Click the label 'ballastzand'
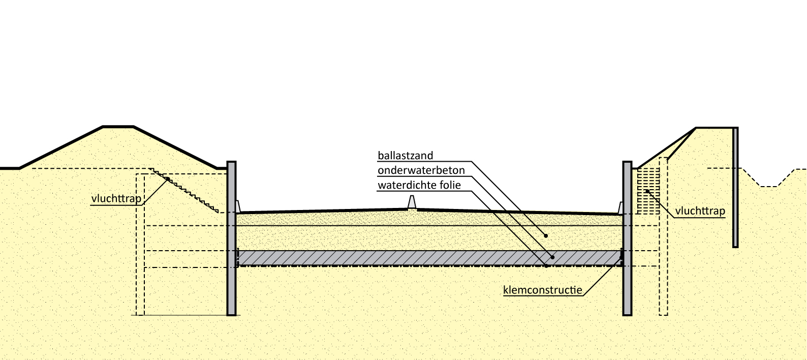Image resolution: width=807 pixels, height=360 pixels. coord(405,156)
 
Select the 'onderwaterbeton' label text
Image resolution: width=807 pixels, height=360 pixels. coord(414,170)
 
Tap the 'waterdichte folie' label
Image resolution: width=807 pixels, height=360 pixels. coord(419,185)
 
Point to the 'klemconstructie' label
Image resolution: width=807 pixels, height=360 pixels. coord(542,290)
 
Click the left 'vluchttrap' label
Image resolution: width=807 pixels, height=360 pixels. coord(116,198)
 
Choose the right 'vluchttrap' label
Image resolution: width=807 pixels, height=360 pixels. coord(700,211)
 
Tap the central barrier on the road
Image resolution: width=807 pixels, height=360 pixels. coord(412,202)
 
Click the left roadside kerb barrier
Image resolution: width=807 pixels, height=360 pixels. coord(238,206)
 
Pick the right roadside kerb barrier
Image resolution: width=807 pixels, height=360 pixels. coord(620,207)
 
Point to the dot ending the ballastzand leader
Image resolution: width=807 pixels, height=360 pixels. coord(545,236)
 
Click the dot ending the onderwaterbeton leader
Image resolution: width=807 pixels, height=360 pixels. coord(552,257)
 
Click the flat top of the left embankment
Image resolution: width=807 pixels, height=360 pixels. coord(118,127)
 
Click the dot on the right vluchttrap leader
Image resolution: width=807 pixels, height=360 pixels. coord(647,191)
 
